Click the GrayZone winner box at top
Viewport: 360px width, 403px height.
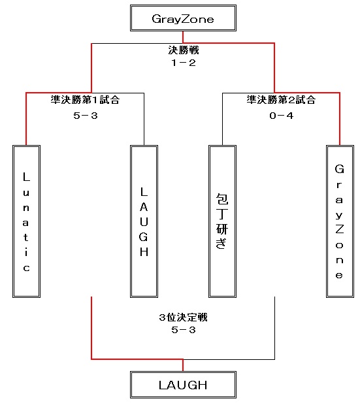(x=183, y=18)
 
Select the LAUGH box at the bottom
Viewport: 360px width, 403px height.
(x=183, y=385)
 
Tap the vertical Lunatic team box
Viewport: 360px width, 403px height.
(x=26, y=221)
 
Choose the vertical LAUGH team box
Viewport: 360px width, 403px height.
(x=144, y=221)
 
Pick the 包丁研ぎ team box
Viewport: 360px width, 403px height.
(x=222, y=221)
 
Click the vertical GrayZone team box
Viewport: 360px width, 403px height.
(x=340, y=221)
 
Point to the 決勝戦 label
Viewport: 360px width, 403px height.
(x=184, y=50)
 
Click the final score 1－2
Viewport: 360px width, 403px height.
(x=184, y=63)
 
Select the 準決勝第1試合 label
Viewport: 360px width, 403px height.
(x=85, y=99)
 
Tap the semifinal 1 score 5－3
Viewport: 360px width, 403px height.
(x=86, y=116)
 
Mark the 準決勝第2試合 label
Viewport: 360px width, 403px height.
(x=281, y=99)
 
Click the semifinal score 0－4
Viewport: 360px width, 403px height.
(x=282, y=116)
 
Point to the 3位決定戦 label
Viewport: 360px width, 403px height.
(x=183, y=317)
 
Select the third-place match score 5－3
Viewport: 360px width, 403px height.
(x=184, y=330)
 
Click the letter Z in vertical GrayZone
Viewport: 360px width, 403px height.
(x=340, y=229)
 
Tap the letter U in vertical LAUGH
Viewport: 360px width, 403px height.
(x=144, y=222)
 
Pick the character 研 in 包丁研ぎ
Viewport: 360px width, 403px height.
(x=222, y=229)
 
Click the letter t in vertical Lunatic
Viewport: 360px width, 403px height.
(x=25, y=237)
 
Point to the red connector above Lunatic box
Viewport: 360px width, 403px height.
(x=26, y=119)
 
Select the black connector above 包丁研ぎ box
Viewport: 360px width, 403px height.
(x=222, y=119)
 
